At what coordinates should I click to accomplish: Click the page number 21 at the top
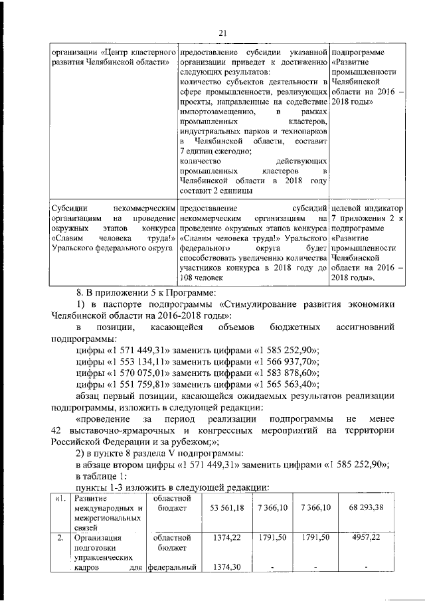point(222,33)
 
